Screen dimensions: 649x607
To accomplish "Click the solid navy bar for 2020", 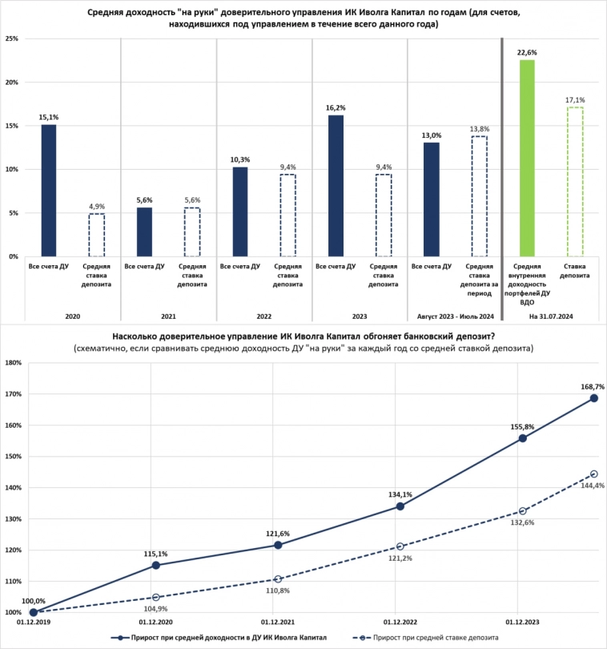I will point(49,191).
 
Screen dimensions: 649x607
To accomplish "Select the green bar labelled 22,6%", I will point(527,159).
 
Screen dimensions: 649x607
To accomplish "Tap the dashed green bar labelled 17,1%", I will point(574,182).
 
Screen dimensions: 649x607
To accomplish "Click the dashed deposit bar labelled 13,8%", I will point(479,196).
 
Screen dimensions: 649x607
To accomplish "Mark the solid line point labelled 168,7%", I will point(594,398).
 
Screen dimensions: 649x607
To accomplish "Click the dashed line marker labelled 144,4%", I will point(594,474).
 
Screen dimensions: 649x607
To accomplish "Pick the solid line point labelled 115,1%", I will point(155,565).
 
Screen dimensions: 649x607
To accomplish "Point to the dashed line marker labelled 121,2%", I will point(400,546).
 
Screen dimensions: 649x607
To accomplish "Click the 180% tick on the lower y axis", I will point(13,363).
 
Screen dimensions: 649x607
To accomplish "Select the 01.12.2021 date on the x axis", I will point(278,622).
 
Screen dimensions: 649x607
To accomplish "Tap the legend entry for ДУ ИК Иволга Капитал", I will point(215,638).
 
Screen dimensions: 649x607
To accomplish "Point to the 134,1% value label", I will point(400,494).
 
